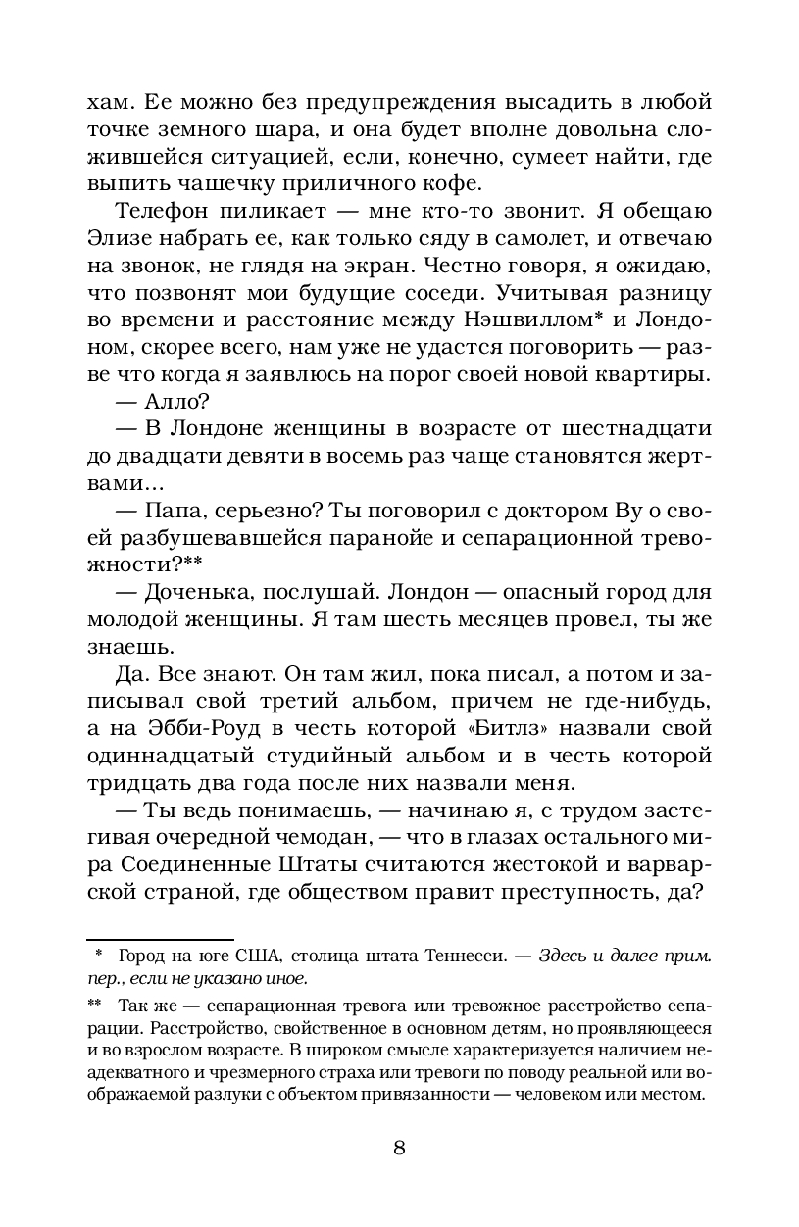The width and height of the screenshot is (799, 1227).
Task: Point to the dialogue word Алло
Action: coord(172,403)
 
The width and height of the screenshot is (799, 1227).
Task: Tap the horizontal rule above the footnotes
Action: coord(160,939)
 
